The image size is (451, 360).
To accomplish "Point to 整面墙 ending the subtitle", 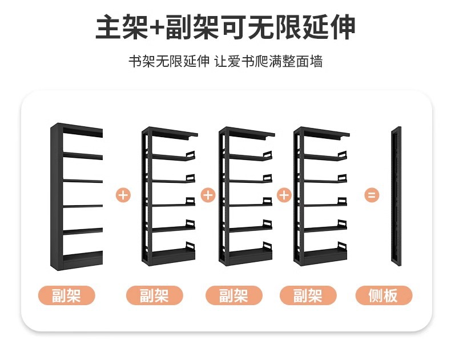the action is pyautogui.click(x=304, y=62).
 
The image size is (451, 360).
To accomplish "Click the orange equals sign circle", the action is pyautogui.click(x=372, y=195).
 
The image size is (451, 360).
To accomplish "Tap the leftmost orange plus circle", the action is pyautogui.click(x=123, y=195).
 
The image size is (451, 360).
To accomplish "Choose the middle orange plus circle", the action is pyautogui.click(x=208, y=195).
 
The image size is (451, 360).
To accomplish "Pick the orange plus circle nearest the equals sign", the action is pyautogui.click(x=284, y=195).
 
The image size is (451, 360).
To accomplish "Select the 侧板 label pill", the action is pyautogui.click(x=383, y=295).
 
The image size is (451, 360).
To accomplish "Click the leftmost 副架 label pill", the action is pyautogui.click(x=66, y=295).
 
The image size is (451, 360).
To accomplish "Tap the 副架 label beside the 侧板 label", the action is pyautogui.click(x=308, y=295).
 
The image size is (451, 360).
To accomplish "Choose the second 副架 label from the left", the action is pyautogui.click(x=154, y=295).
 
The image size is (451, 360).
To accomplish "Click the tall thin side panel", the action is pyautogui.click(x=396, y=197).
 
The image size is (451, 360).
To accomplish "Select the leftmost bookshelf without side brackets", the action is pyautogui.click(x=76, y=197).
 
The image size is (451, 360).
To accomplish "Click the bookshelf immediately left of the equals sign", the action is pyautogui.click(x=320, y=197).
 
